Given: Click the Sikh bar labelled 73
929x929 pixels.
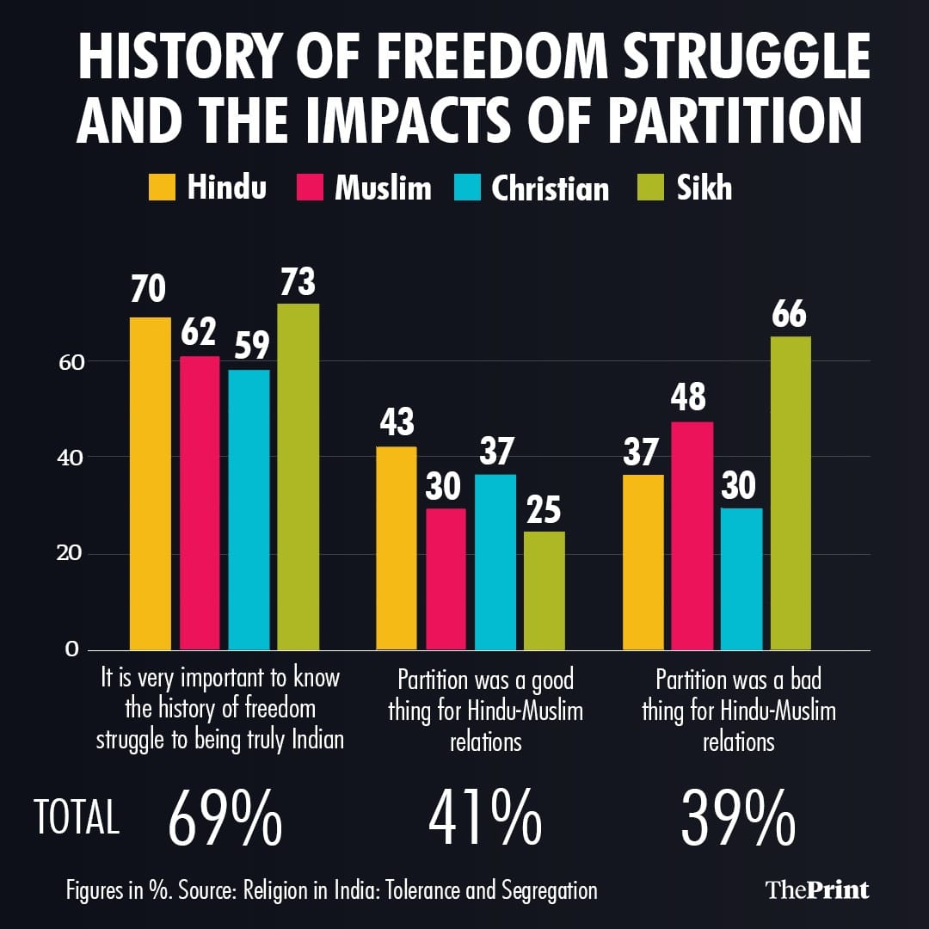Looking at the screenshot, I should tap(298, 477).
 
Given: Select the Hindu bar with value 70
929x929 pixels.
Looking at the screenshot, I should tap(151, 483).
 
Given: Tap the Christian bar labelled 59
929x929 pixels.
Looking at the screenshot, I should tap(249, 509).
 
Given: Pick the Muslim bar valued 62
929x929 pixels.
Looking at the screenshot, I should tap(200, 502).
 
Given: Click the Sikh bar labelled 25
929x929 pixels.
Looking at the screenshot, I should tap(544, 590).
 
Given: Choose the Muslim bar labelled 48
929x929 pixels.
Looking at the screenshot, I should tap(692, 535).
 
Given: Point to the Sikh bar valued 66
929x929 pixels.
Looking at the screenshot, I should tap(791, 493).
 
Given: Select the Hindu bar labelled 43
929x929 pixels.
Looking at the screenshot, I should tap(397, 548).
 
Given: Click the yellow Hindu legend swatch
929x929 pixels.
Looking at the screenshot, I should tap(163, 188).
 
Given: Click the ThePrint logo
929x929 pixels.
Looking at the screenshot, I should tap(816, 889).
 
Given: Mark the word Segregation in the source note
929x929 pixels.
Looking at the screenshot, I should tap(532, 890).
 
